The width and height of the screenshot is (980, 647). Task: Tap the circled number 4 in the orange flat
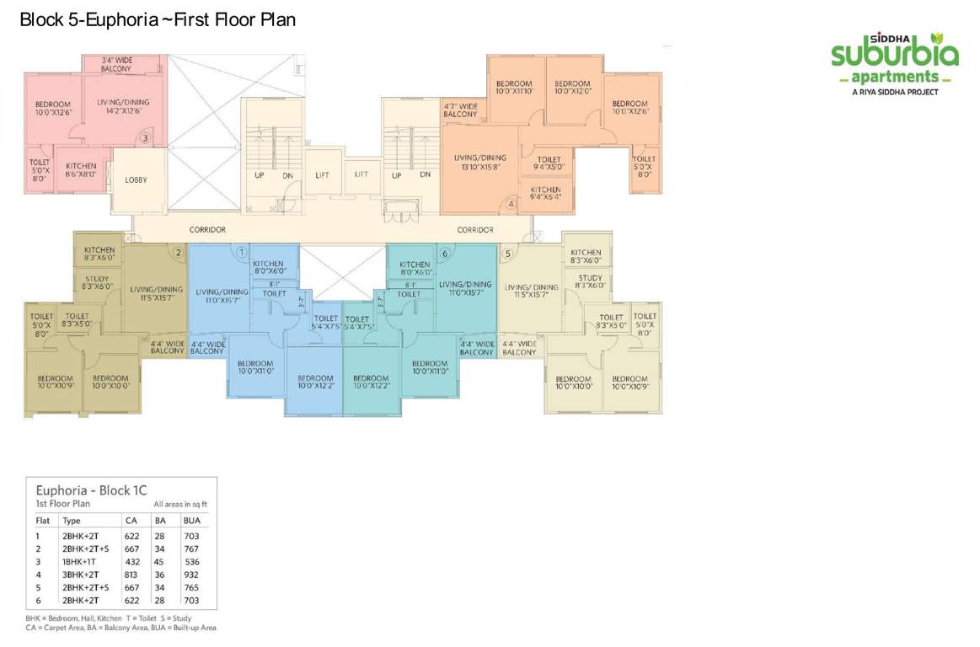(511, 203)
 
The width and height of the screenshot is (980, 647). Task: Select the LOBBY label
(137, 179)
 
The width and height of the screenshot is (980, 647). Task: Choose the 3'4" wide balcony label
(122, 64)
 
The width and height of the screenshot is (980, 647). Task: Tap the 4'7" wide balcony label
(460, 110)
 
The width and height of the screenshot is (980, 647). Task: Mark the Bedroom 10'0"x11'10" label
(514, 88)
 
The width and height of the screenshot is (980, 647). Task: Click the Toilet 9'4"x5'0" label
(549, 163)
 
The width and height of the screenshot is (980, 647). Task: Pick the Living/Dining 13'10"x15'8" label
(480, 162)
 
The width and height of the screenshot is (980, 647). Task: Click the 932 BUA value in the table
(191, 574)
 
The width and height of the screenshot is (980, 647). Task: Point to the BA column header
(159, 521)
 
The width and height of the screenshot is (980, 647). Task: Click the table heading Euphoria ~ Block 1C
(91, 489)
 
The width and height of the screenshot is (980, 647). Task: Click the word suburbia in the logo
(894, 55)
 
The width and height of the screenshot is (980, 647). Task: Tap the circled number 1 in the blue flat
(241, 251)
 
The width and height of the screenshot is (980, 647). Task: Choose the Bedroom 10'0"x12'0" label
(572, 88)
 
